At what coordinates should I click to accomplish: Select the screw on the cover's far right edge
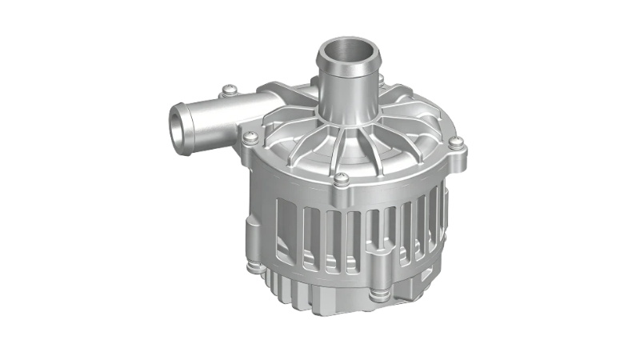point(455,144)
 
